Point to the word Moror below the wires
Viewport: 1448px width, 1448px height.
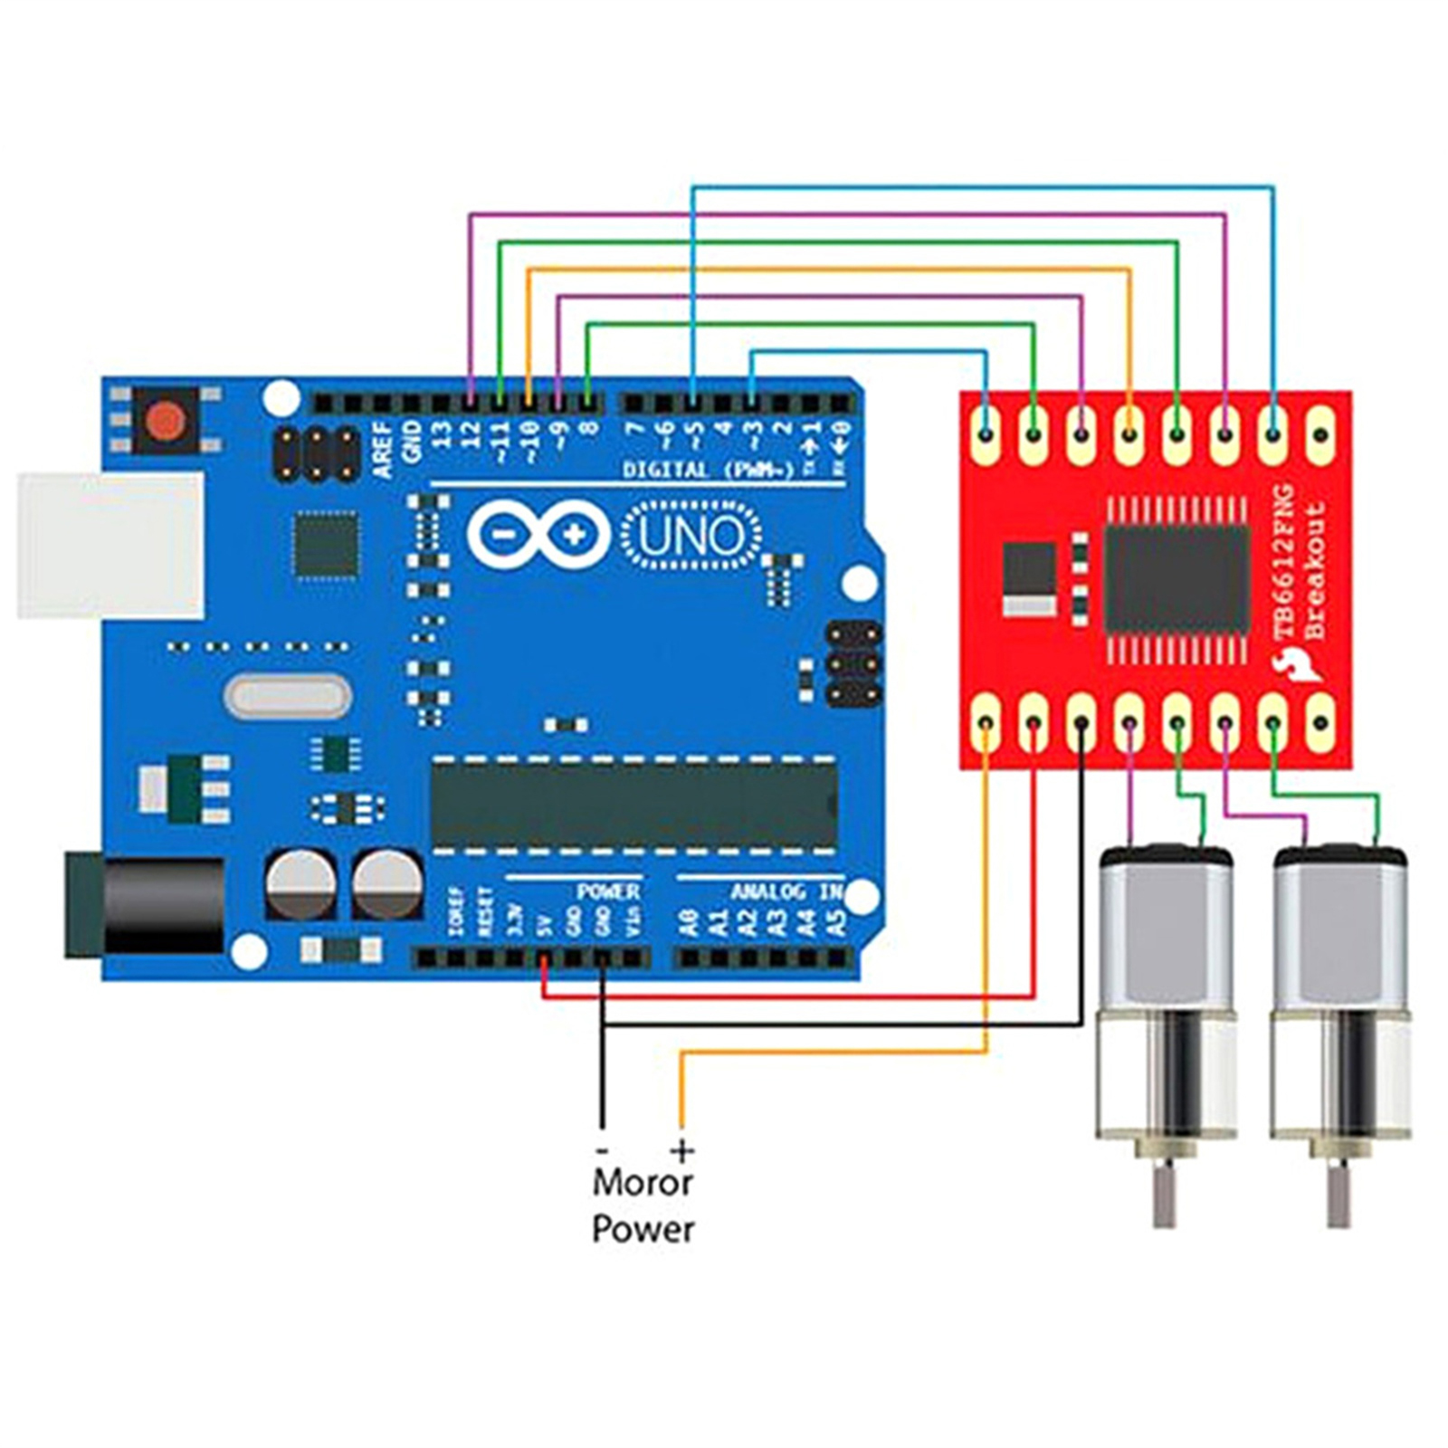pyautogui.click(x=643, y=1182)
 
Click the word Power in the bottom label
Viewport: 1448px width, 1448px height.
pyautogui.click(x=643, y=1229)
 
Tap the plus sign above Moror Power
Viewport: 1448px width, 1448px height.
pyautogui.click(x=682, y=1151)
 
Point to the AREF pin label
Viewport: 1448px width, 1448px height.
pyautogui.click(x=384, y=450)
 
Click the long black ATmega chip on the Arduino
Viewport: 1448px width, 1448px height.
pyautogui.click(x=633, y=804)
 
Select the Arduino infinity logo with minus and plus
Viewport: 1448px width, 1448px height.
pyautogui.click(x=539, y=535)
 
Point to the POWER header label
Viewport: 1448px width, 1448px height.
pyautogui.click(x=608, y=892)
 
